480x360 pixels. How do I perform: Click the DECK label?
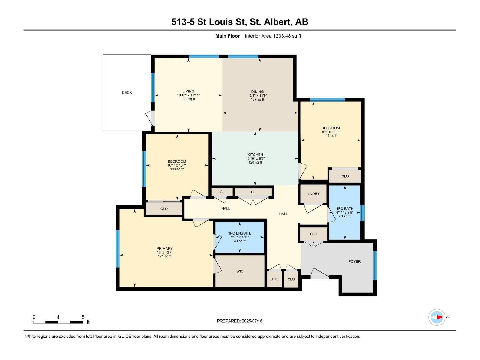(127, 93)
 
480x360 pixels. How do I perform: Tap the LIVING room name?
(188, 91)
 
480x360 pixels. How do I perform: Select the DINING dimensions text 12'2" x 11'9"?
(257, 96)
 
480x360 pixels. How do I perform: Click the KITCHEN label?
(255, 155)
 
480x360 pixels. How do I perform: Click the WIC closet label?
(240, 271)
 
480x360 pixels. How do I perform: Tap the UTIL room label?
(274, 279)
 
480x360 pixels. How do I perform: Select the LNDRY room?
(313, 194)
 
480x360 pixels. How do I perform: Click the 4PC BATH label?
(345, 209)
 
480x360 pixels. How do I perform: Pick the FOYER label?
(355, 262)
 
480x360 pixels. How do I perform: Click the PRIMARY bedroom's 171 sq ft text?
(165, 256)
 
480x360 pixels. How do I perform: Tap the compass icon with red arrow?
(437, 317)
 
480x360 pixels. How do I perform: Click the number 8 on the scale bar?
(83, 317)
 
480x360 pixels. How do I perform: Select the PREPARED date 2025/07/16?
(252, 321)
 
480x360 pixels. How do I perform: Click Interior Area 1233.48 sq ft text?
(273, 36)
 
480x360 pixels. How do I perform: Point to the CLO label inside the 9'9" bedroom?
(345, 176)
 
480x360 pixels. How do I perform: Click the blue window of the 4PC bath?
(362, 213)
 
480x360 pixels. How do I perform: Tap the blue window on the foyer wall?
(375, 265)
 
